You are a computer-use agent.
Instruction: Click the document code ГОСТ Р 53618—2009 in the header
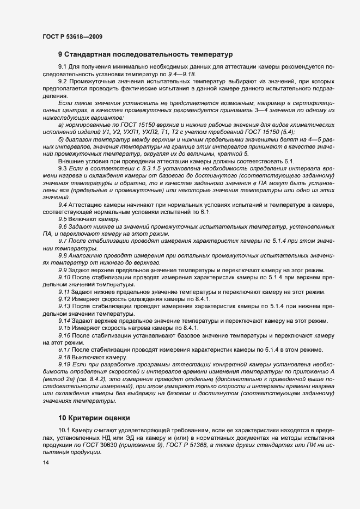(72, 36)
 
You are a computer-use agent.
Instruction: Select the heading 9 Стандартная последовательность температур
(145, 54)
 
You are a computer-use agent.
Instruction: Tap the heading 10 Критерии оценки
(94, 418)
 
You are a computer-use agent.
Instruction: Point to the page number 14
(46, 463)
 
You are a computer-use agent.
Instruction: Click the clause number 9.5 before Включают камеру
(63, 218)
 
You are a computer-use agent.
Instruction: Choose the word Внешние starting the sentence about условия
(70, 162)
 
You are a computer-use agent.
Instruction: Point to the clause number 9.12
(64, 299)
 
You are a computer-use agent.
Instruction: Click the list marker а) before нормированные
(61, 124)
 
